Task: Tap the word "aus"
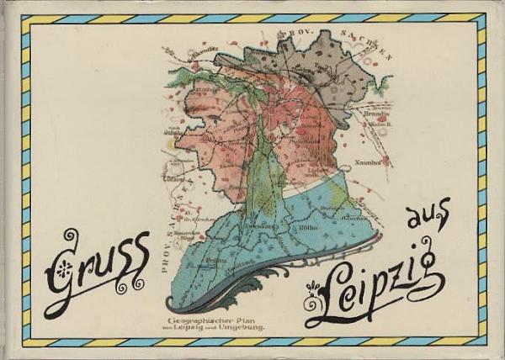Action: pyautogui.click(x=428, y=217)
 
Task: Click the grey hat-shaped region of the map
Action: pyautogui.click(x=320, y=76)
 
